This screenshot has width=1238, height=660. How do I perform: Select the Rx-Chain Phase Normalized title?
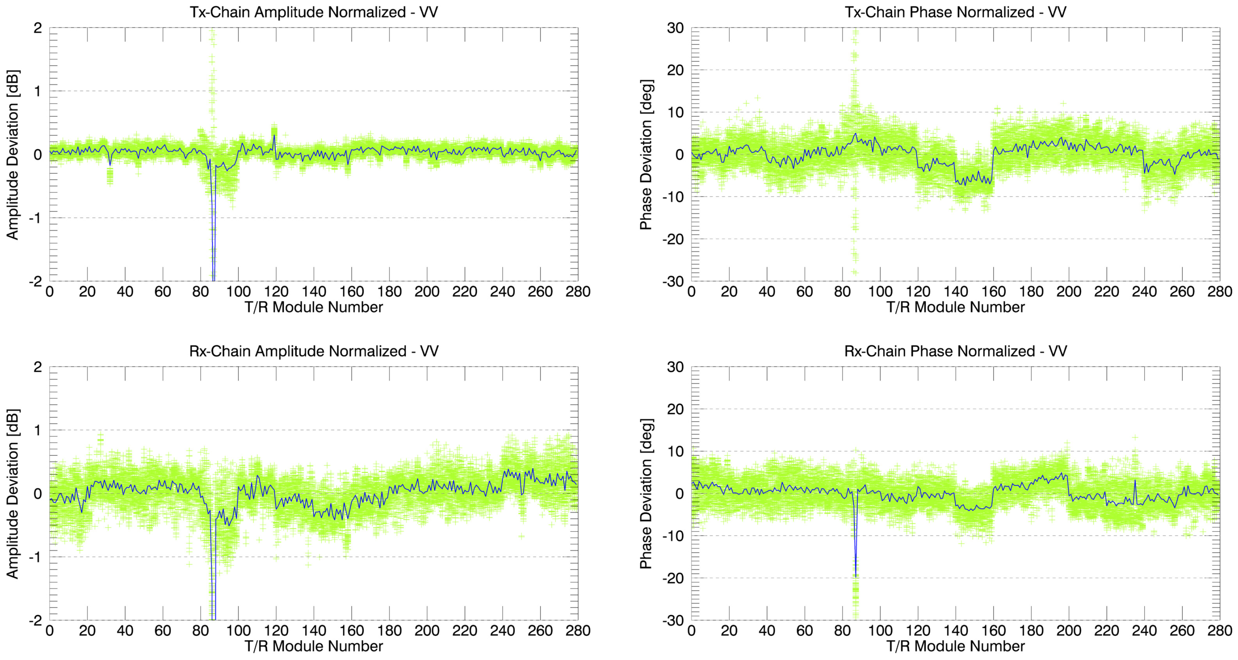(955, 351)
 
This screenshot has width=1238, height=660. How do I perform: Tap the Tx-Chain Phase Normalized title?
(955, 12)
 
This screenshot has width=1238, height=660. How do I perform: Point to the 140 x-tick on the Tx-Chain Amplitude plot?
(314, 292)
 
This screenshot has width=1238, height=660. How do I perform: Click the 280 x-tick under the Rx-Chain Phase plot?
(1219, 631)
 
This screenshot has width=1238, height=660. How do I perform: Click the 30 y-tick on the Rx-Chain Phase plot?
(675, 367)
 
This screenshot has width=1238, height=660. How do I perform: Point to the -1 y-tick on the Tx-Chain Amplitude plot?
(35, 218)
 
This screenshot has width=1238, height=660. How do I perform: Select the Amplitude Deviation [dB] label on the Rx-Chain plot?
(13, 494)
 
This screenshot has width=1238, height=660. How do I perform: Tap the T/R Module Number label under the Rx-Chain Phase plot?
(955, 646)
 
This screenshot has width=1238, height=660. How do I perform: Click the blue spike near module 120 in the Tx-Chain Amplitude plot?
(274, 136)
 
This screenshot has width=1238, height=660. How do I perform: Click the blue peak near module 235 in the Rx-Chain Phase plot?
(1135, 481)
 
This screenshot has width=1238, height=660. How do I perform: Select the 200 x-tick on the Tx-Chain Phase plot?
(1068, 292)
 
